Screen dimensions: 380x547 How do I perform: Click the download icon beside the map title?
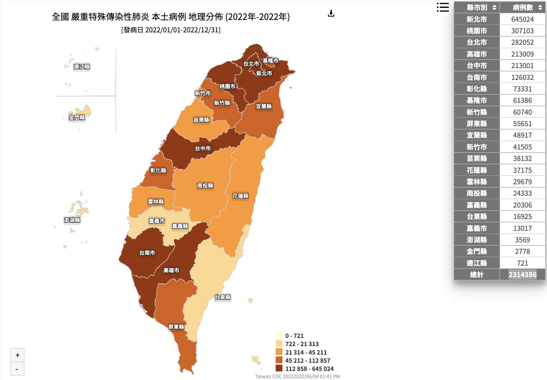(x=331, y=13)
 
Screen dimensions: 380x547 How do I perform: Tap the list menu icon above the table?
(x=443, y=7)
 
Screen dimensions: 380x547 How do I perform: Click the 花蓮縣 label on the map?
(x=241, y=196)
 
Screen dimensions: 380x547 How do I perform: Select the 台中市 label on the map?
(x=203, y=149)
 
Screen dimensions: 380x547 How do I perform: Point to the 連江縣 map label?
(x=82, y=67)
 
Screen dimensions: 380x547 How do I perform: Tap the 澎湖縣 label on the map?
(x=72, y=220)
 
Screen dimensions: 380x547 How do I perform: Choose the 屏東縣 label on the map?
(x=176, y=327)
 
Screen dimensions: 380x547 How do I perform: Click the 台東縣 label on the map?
(x=223, y=297)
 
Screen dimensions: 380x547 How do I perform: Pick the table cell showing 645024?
(x=522, y=19)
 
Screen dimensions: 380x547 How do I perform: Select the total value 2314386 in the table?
(x=522, y=275)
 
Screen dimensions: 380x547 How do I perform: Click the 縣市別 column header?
(x=477, y=8)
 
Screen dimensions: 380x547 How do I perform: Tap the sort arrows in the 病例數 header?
(x=540, y=8)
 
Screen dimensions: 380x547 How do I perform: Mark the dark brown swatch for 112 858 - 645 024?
(x=279, y=369)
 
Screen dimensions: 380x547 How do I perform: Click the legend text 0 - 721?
(x=294, y=336)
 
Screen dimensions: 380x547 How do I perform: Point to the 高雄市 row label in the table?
(x=477, y=54)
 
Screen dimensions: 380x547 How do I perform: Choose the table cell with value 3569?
(x=522, y=240)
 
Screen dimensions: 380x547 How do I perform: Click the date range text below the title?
(x=171, y=30)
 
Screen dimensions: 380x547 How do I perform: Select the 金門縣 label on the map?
(x=77, y=118)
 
